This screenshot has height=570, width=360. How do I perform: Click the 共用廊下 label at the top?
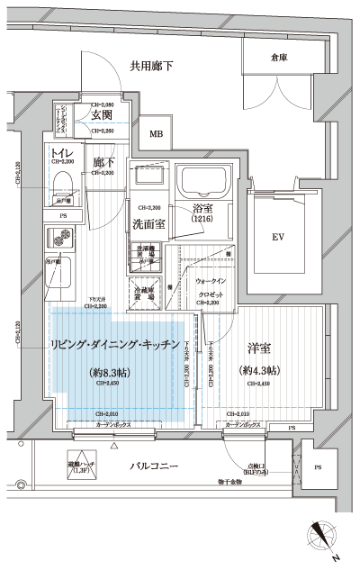pyautogui.click(x=151, y=65)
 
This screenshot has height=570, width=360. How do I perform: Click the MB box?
pyautogui.click(x=157, y=134)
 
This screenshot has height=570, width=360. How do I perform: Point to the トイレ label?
pyautogui.click(x=62, y=152)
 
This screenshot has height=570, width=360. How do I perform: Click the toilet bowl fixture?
pyautogui.click(x=62, y=184)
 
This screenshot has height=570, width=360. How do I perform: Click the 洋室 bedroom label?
pyautogui.click(x=258, y=346)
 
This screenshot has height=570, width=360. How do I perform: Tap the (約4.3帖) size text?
pyautogui.click(x=259, y=371)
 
